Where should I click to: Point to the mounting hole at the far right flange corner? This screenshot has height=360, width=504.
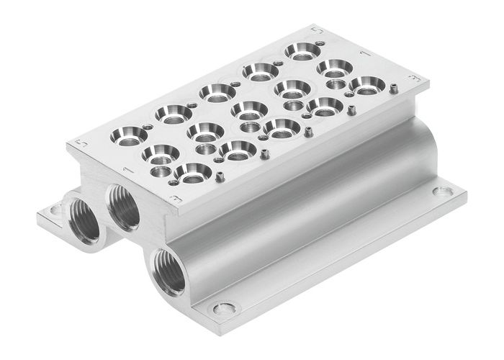point(442,192)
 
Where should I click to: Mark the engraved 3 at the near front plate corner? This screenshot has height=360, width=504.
point(172,195)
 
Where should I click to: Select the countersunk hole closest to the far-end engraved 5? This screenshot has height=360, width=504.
point(300,51)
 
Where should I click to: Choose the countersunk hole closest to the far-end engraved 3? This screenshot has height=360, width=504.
point(366,85)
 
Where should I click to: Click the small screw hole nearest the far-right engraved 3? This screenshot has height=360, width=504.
point(396,89)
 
